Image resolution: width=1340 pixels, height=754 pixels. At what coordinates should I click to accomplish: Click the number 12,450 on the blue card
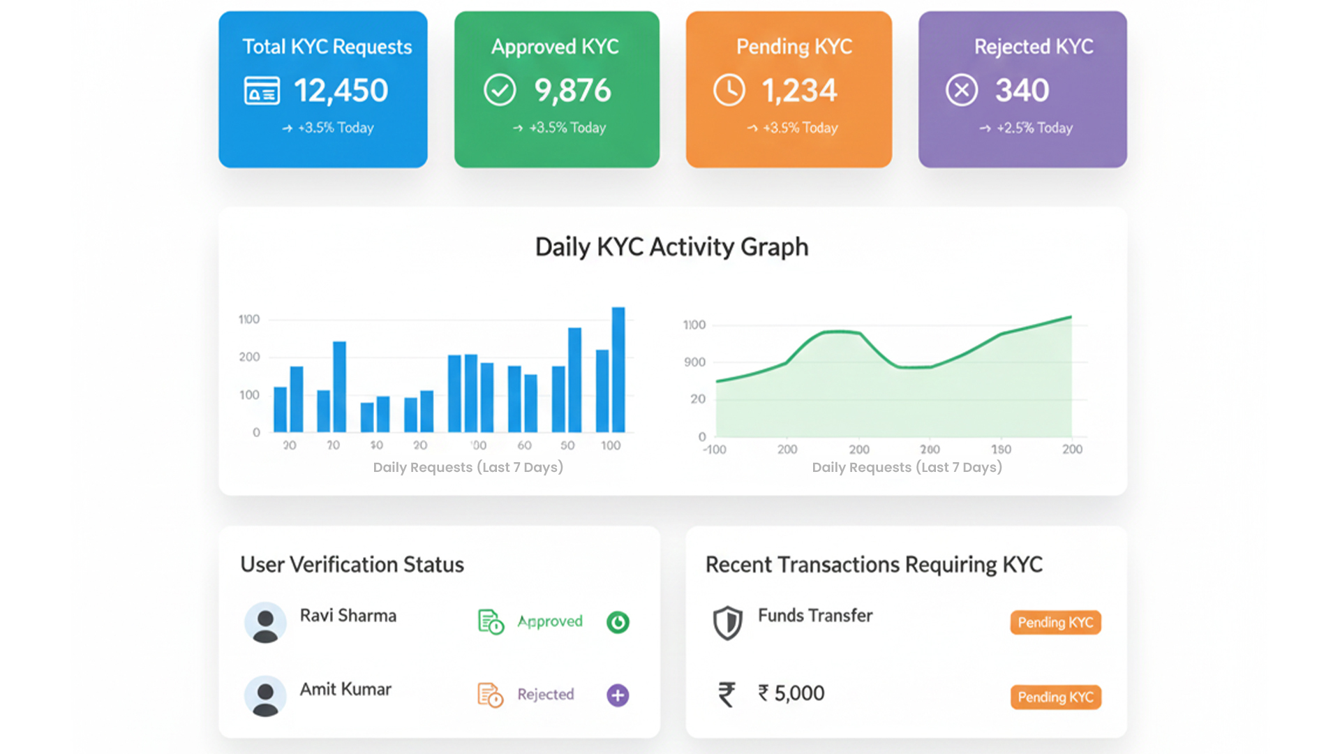point(341,91)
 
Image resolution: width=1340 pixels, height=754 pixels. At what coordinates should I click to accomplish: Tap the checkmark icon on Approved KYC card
point(500,90)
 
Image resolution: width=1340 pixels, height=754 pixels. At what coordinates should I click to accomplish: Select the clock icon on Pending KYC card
point(729,91)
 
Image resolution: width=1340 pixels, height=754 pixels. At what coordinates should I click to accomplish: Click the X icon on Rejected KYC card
point(962,90)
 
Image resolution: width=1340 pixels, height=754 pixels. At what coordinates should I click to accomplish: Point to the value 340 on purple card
point(1022,90)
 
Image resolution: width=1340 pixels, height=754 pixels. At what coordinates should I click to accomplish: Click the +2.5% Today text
point(1034,128)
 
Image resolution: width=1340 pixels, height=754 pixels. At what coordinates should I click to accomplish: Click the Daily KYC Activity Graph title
point(671,247)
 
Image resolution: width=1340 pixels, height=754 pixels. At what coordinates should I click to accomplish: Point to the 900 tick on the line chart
point(694,362)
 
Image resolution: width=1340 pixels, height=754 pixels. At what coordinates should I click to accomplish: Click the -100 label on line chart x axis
point(715,450)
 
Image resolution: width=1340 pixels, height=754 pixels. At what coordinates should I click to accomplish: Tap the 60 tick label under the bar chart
point(524,445)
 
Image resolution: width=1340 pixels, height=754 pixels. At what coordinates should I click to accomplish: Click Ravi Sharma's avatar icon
point(265,623)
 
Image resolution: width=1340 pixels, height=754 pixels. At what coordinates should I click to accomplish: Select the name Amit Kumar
point(345,689)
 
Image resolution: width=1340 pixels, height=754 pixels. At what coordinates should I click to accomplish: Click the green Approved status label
point(550,621)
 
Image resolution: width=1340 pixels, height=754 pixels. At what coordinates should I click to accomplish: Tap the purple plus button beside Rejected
point(618,695)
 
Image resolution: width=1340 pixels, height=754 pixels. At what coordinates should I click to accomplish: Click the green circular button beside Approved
point(618,622)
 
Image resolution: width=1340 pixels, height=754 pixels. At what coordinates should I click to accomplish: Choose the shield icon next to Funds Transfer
point(727,623)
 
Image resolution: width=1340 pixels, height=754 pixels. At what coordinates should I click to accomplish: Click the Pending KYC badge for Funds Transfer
point(1055,622)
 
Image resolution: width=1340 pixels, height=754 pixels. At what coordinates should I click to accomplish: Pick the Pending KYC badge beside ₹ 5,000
point(1055,697)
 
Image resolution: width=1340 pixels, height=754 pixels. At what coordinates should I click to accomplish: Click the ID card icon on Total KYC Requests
point(262,91)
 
